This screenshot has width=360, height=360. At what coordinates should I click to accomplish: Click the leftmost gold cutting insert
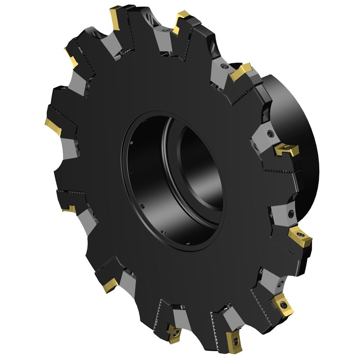[x=54, y=126]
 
